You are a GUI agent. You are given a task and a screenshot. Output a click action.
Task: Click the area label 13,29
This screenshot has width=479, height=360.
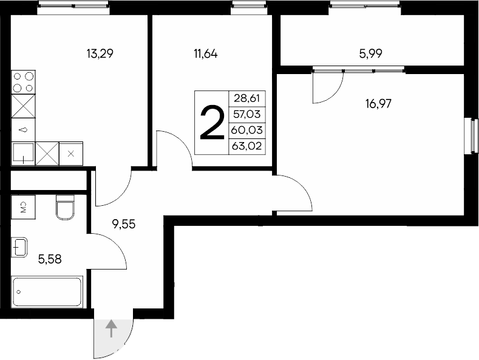coord(101,53)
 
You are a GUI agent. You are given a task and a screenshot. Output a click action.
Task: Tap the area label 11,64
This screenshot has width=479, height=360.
coord(205,53)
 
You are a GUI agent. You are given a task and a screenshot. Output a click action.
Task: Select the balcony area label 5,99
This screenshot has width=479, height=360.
coord(371,53)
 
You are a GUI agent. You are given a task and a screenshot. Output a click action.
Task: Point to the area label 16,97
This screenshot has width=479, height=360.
coord(378,103)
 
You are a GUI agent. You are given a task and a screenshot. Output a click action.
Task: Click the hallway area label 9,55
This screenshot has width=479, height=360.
coord(123,223)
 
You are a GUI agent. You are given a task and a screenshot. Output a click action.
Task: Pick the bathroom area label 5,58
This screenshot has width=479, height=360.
coord(50,260)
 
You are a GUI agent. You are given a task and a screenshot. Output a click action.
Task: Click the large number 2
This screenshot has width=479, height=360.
coord(212,123)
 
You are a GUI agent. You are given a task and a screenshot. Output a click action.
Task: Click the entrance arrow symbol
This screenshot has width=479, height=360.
coord(111,330)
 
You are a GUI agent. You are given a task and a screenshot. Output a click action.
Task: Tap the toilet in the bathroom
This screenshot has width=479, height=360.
coord(64,206)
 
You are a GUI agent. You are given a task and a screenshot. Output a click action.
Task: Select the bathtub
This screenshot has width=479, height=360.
coord(47,292)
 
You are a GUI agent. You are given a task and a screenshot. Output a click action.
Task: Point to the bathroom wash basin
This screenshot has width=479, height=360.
coord(19,248)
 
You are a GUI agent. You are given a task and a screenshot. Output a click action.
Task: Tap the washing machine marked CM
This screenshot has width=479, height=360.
coord(23,206)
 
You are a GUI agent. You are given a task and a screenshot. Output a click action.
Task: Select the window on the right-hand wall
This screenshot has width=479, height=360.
coord(471,135)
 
